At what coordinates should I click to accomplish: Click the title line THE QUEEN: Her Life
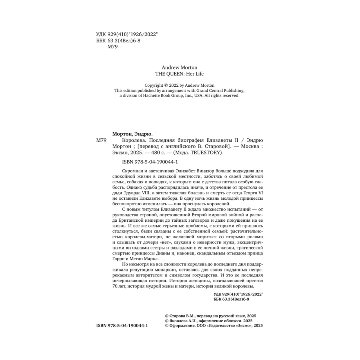[x=179, y=75]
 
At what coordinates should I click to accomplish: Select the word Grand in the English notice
[x=197, y=90]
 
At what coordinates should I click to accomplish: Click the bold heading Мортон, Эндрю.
[x=130, y=132]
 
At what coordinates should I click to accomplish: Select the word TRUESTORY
[x=208, y=152]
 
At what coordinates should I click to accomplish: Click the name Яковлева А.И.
[x=183, y=320]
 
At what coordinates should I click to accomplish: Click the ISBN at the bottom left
[x=122, y=325]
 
